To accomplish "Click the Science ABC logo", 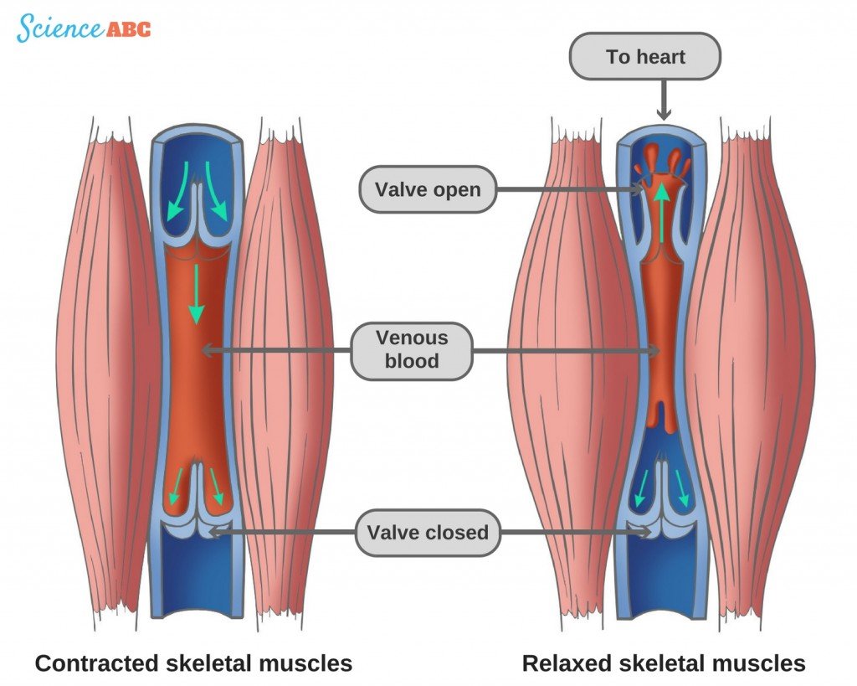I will tap(84, 28).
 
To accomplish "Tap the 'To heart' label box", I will tap(644, 58).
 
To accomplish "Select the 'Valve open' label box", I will tap(428, 189).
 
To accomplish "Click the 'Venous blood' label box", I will tap(412, 349).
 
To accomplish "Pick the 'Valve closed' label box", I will tap(428, 532).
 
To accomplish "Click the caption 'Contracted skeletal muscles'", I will tap(193, 664).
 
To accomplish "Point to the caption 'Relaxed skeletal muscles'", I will tap(664, 664).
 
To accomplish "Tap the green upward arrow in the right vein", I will tap(662, 214).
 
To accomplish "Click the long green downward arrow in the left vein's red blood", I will tap(196, 293).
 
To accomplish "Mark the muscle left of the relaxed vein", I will tap(569, 369).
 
